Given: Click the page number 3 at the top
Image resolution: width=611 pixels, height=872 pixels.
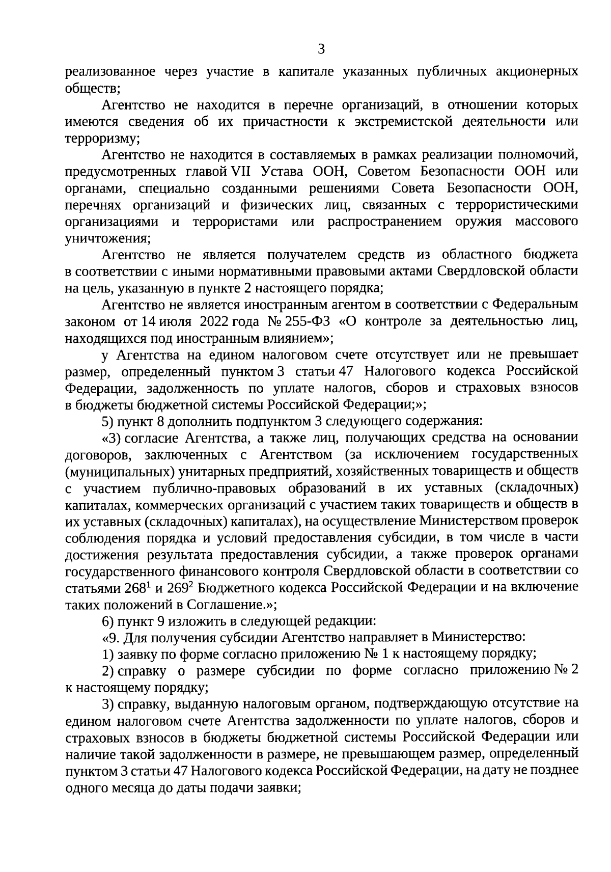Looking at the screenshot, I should click(321, 49).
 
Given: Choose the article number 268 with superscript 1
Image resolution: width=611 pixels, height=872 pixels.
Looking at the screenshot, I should click(136, 587).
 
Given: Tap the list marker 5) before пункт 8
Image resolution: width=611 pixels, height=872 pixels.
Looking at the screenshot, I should click(107, 421).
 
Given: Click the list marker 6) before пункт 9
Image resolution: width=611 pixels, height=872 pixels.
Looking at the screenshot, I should click(107, 621).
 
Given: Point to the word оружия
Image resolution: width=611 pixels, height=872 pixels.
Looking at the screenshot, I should click(478, 222).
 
